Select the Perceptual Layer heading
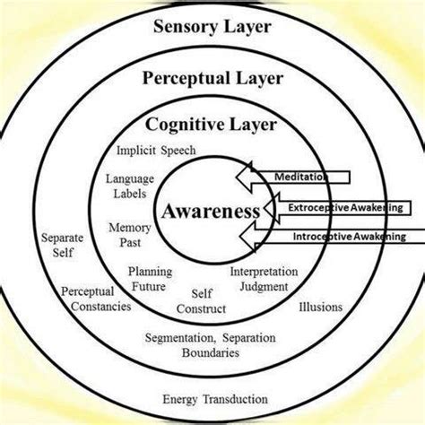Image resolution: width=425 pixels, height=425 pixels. [212, 78]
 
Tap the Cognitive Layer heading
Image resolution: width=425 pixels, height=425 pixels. [212, 124]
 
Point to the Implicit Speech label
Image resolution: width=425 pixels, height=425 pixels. [156, 150]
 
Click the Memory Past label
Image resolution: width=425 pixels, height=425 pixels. [129, 235]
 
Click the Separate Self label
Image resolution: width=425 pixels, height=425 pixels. [62, 246]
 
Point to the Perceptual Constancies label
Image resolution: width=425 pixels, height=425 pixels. [96, 299]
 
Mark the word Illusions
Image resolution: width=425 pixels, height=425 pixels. [319, 308]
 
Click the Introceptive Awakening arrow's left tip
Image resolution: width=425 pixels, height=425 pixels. [243, 237]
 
